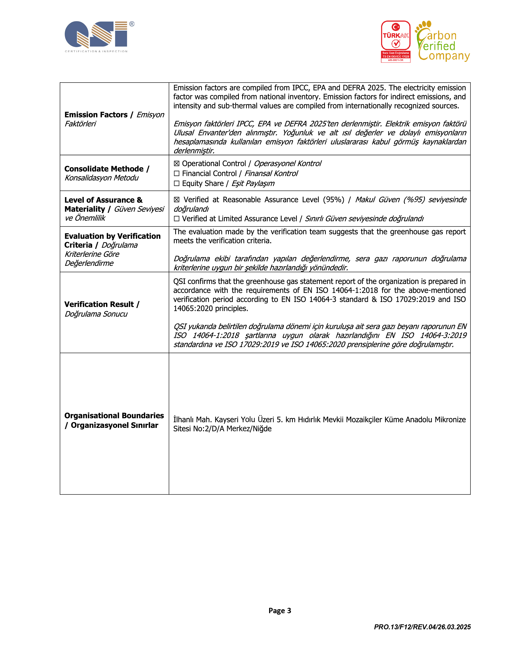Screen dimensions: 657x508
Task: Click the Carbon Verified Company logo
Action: [x=442, y=42]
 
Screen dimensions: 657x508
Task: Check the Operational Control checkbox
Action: [x=177, y=164]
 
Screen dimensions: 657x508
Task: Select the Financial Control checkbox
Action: [x=177, y=174]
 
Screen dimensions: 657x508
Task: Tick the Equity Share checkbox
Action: [x=177, y=184]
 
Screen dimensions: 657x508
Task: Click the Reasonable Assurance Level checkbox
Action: [x=177, y=200]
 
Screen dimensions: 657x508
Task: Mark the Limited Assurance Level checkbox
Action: [x=177, y=219]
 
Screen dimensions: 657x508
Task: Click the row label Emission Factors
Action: [x=96, y=115]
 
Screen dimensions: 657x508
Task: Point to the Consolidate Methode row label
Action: [x=104, y=169]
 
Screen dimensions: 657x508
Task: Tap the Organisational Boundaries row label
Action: [x=114, y=416]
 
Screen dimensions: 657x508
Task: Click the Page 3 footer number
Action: [x=279, y=610]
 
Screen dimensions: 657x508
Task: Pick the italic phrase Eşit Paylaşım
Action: [x=253, y=184]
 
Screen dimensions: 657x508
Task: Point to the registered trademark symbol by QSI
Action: [x=132, y=24]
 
